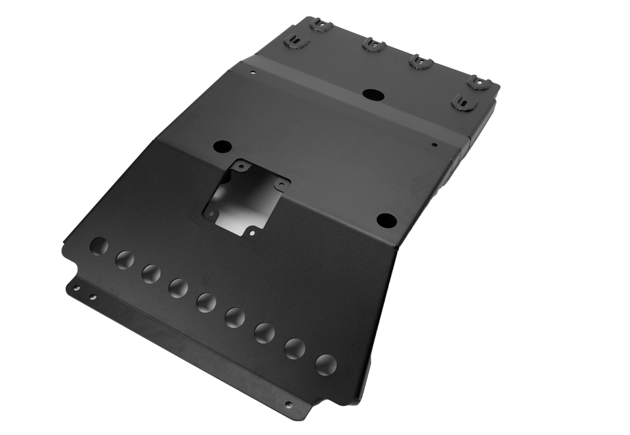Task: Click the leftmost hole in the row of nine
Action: click(99, 246)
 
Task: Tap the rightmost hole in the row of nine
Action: click(325, 365)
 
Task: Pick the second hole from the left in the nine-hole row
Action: click(125, 260)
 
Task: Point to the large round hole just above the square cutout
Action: click(223, 146)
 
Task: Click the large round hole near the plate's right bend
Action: click(386, 220)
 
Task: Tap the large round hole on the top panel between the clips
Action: click(374, 94)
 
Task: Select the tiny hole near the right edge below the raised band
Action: click(434, 144)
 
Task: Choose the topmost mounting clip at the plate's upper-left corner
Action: click(319, 25)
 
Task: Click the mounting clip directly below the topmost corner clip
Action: click(295, 42)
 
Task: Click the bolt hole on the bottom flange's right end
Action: click(288, 404)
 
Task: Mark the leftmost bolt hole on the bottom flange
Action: click(76, 288)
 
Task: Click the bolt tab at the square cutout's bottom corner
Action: click(251, 233)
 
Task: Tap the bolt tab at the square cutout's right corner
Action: click(280, 184)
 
